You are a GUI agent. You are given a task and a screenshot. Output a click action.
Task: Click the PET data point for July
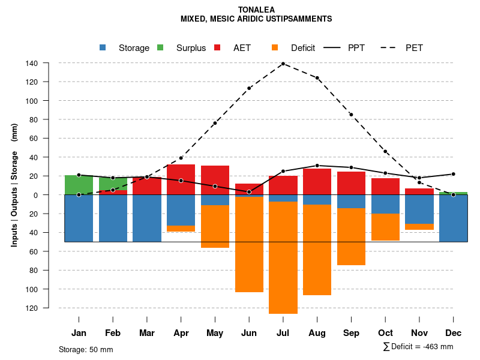click(283, 64)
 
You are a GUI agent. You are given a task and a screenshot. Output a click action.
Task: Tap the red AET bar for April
click(181, 179)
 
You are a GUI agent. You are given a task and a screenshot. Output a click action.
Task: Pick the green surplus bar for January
click(79, 185)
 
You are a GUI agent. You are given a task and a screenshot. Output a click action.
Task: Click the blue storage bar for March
click(147, 218)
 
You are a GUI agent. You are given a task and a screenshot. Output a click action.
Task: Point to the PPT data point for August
click(317, 166)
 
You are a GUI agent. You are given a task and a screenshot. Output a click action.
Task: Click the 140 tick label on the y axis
click(49, 63)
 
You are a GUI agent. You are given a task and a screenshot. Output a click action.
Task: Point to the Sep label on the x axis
click(351, 333)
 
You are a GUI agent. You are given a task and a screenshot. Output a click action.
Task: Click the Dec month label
click(454, 333)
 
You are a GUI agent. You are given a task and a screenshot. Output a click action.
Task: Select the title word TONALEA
click(256, 10)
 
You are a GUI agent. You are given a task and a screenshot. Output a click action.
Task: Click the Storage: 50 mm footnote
click(86, 349)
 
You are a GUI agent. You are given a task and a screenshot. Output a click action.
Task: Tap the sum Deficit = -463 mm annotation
click(418, 346)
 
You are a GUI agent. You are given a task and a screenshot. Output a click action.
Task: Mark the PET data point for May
click(215, 123)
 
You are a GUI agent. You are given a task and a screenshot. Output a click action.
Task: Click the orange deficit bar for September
click(351, 236)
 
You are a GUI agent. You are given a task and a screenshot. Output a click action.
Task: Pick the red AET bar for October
click(385, 187)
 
